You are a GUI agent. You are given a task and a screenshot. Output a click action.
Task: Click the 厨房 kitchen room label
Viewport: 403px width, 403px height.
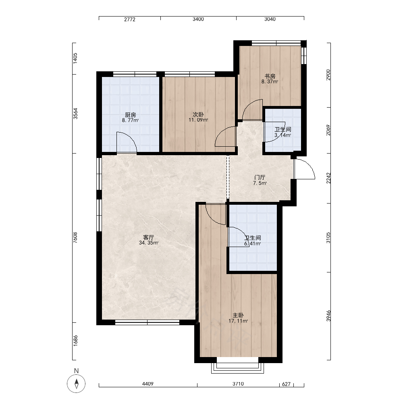130,114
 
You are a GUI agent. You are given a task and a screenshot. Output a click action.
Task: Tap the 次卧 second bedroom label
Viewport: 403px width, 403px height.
198,114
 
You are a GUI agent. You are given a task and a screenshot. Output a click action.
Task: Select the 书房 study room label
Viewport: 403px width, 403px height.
270,76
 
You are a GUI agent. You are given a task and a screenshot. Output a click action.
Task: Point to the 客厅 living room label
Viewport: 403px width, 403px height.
149,237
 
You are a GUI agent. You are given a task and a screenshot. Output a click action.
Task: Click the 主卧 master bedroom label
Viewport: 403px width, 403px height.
238,315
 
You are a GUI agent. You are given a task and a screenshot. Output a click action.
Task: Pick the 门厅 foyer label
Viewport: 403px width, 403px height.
260,177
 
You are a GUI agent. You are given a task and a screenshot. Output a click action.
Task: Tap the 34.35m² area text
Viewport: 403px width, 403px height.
149,243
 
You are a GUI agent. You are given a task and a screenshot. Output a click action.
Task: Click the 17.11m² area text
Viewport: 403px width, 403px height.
238,321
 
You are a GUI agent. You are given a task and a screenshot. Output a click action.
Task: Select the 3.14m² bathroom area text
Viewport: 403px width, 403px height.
283,135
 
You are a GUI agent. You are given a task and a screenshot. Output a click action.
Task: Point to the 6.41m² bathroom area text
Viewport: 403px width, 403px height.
253,244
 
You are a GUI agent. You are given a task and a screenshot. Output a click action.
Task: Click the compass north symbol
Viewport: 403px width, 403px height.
76,384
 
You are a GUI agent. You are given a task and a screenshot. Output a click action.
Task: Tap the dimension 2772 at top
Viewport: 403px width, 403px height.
129,19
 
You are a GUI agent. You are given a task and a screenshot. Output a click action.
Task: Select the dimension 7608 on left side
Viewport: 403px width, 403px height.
75,238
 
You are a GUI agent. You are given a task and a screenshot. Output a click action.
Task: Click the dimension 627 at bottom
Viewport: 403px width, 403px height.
286,384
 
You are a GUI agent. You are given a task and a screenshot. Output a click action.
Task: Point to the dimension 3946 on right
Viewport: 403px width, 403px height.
328,316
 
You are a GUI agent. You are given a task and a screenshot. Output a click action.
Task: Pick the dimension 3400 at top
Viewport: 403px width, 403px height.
198,19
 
